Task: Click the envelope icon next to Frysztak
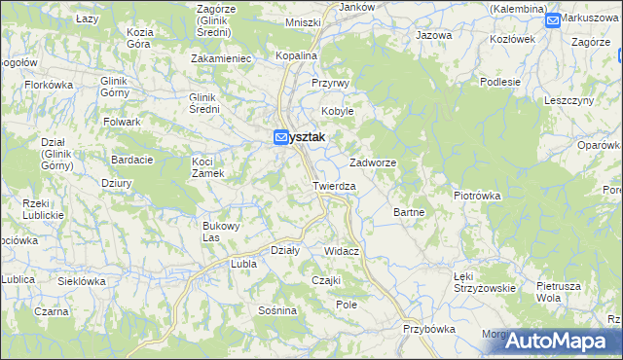click(281, 138)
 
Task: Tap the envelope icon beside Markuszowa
click(553, 19)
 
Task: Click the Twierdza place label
click(334, 185)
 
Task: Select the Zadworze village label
click(373, 162)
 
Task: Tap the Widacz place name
click(343, 251)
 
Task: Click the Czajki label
click(325, 280)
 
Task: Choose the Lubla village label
click(241, 264)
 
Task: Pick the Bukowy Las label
click(221, 232)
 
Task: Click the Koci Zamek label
click(208, 166)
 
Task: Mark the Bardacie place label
click(130, 159)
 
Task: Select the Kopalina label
click(297, 56)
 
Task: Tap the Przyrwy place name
click(330, 84)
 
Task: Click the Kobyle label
click(338, 111)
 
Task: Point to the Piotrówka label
click(477, 196)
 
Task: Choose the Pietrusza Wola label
click(558, 292)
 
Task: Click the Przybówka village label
click(429, 329)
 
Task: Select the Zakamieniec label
click(222, 58)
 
